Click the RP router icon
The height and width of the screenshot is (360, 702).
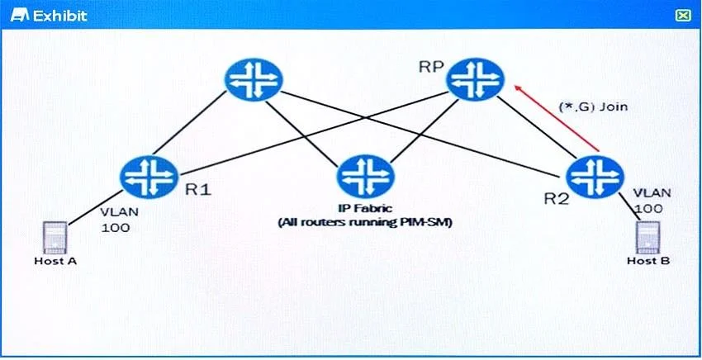(475, 80)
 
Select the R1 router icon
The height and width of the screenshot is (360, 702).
(149, 178)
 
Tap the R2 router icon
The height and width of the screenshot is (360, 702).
(595, 177)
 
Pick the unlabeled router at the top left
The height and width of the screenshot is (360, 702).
(254, 80)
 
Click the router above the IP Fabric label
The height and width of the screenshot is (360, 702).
(365, 177)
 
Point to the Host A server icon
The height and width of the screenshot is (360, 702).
(55, 237)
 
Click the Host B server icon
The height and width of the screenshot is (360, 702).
(648, 237)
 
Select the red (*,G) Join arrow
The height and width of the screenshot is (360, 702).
(556, 118)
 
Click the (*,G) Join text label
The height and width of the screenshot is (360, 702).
(593, 107)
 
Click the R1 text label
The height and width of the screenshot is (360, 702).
(198, 190)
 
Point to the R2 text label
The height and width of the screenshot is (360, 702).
(556, 198)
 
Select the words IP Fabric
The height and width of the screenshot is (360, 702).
(365, 208)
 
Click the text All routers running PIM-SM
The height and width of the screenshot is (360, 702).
(365, 223)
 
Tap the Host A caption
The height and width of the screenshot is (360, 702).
(55, 261)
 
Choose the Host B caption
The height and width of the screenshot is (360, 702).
(648, 261)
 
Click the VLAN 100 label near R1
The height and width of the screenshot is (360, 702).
(115, 219)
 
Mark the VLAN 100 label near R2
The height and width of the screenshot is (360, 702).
(652, 201)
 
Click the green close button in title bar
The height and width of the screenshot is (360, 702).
(682, 16)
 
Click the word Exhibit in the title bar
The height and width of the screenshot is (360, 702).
(60, 17)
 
